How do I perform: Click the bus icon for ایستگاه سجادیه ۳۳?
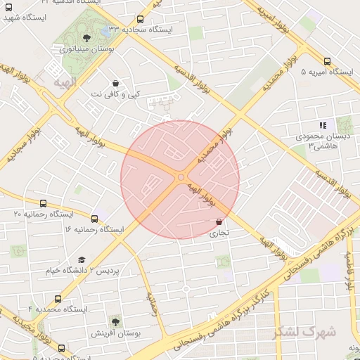[140, 20]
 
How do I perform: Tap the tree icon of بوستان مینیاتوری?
[86, 38]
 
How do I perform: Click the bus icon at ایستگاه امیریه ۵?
[328, 61]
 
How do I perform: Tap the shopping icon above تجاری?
[219, 222]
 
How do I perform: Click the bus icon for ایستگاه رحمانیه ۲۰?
[44, 204]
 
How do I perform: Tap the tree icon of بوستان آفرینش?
[115, 321]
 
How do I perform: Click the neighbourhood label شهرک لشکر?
[312, 330]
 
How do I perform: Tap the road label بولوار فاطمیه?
[349, 270]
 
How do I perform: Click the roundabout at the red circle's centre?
[181, 179]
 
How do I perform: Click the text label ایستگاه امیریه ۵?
[328, 72]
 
